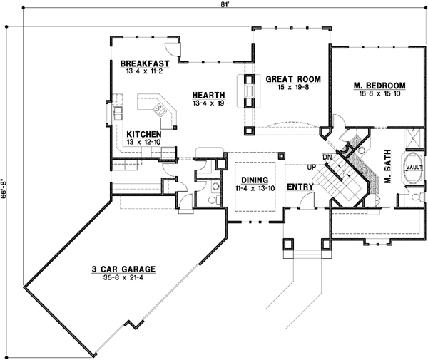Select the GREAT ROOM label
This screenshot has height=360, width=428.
(x=293, y=78)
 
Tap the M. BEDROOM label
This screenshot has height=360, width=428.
(x=375, y=86)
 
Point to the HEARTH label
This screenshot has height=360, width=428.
(x=208, y=95)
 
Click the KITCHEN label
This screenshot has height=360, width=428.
(x=143, y=134)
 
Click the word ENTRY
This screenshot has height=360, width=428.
(x=301, y=187)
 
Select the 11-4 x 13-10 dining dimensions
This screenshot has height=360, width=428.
(x=254, y=188)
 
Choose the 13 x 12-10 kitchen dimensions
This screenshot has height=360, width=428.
(x=143, y=142)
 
